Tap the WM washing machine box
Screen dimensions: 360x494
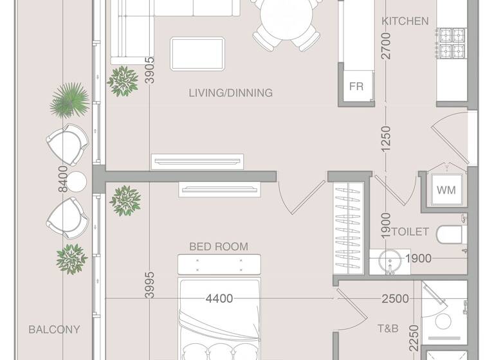tap(446, 190)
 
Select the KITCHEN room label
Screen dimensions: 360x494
tap(405, 21)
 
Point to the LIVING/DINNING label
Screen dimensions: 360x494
tap(230, 93)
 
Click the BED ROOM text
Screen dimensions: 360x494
tap(218, 246)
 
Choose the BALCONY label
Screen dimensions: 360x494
tap(54, 330)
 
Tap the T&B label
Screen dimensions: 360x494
tap(387, 328)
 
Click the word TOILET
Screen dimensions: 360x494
tap(410, 231)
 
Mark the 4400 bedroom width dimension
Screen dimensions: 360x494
tap(219, 298)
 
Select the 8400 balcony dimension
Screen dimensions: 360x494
tap(62, 178)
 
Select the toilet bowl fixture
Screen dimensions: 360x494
tap(450, 235)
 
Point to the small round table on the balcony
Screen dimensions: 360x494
tap(76, 182)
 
